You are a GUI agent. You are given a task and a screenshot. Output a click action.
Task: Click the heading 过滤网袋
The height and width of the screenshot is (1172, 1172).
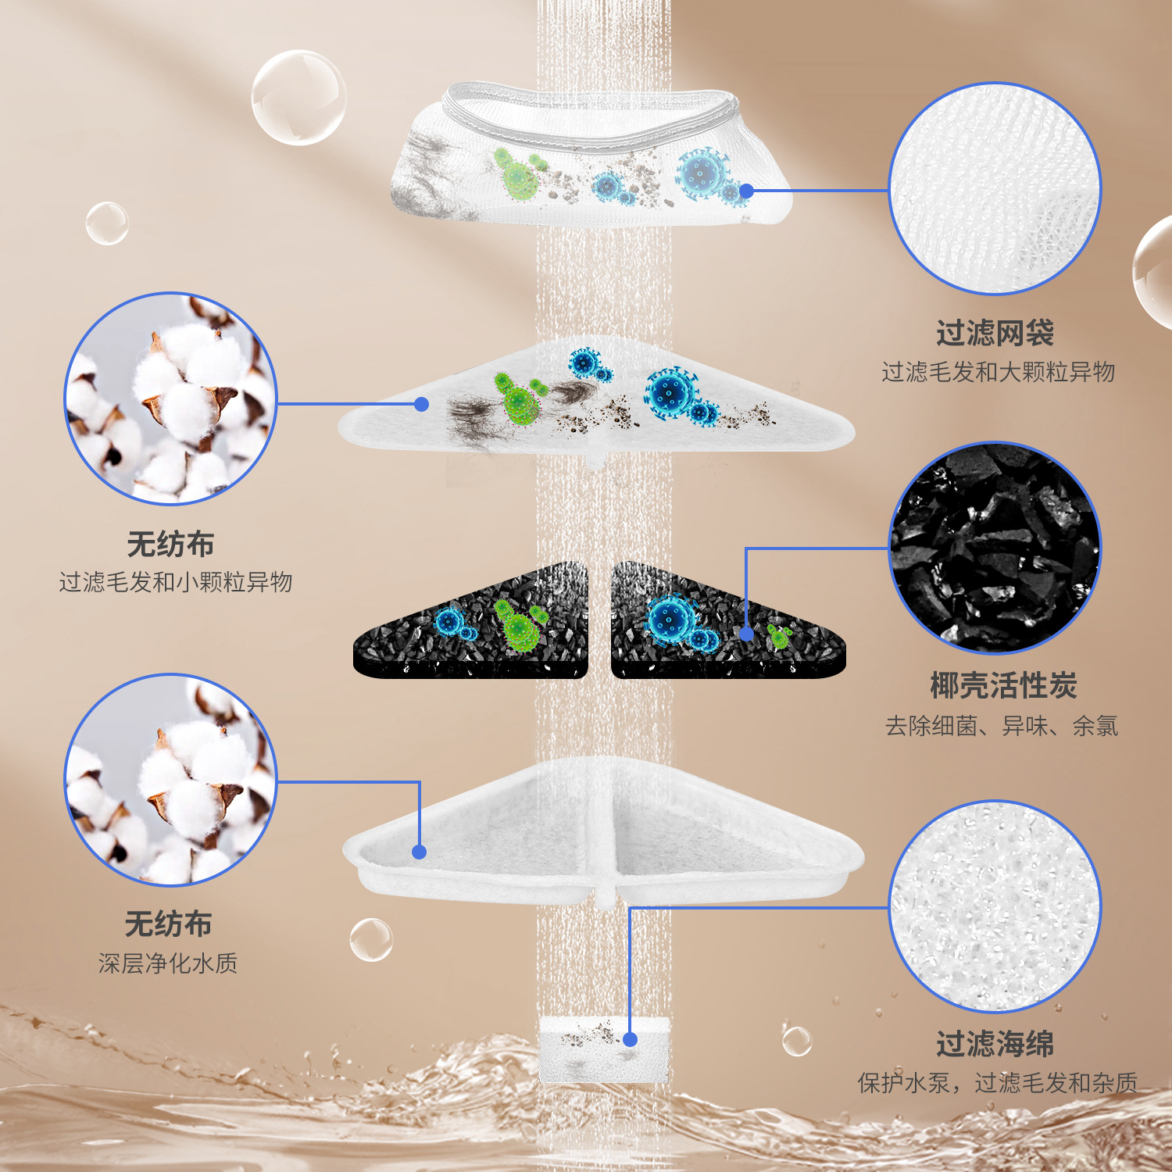(995, 334)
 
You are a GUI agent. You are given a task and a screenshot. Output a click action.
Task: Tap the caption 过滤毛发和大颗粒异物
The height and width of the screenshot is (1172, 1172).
(998, 372)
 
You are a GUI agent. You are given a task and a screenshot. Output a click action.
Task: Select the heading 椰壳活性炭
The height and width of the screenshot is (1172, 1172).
(1003, 686)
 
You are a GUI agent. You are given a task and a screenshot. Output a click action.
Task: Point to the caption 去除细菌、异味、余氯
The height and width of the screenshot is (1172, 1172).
(1002, 726)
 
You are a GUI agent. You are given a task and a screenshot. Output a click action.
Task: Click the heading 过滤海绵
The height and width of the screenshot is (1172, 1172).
(995, 1044)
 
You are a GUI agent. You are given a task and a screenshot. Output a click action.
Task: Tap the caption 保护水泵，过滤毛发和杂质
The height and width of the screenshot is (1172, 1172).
(997, 1083)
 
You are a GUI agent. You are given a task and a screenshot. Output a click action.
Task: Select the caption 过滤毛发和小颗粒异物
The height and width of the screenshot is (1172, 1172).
(176, 582)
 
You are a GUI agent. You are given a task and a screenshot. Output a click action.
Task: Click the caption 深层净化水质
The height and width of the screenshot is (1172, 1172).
(168, 963)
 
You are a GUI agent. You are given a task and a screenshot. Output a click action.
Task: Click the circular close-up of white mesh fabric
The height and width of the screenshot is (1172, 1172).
(995, 189)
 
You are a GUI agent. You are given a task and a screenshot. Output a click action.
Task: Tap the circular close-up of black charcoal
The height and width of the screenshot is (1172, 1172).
(995, 548)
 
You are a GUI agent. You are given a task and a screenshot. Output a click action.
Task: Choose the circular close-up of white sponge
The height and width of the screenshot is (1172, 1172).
(995, 906)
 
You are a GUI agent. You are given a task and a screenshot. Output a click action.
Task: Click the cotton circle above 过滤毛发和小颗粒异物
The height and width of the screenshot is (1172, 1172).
(170, 398)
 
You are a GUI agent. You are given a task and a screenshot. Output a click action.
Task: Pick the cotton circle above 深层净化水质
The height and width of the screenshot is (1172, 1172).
(170, 780)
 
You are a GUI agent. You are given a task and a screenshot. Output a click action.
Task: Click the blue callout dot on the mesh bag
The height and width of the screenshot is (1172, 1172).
(746, 191)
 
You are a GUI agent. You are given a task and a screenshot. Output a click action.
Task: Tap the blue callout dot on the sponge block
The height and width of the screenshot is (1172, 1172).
(630, 1039)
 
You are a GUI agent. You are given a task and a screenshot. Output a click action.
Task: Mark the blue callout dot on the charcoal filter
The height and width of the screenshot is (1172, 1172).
(746, 634)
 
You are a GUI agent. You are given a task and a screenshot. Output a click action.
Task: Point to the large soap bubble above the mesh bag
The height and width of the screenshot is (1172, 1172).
(298, 98)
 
